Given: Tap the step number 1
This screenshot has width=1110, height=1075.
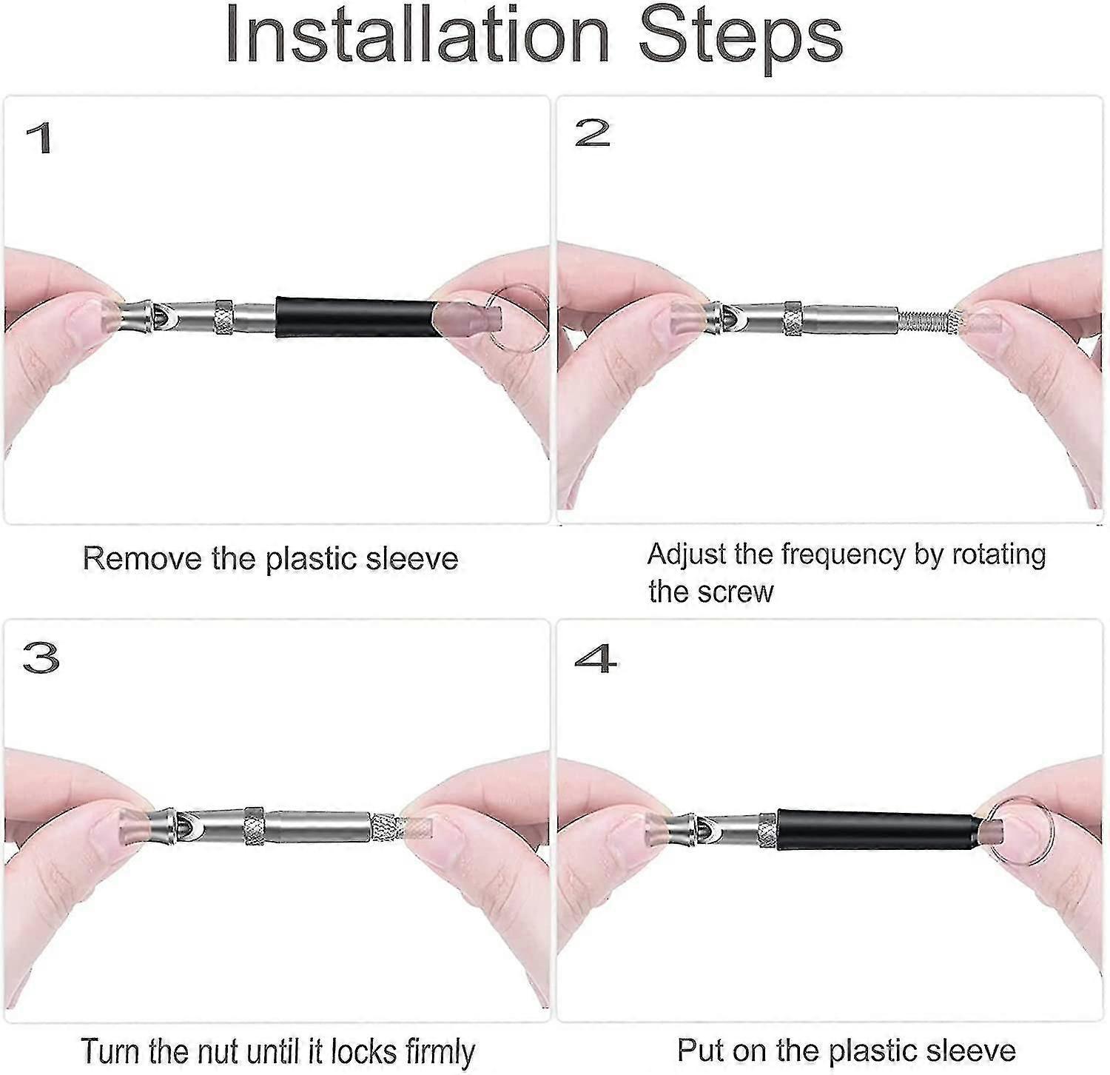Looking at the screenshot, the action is [x=40, y=138].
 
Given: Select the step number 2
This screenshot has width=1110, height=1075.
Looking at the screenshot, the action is [x=592, y=133].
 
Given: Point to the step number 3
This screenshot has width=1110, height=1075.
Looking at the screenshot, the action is [x=41, y=657].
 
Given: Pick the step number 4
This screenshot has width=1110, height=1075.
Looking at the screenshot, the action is [x=595, y=658].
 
